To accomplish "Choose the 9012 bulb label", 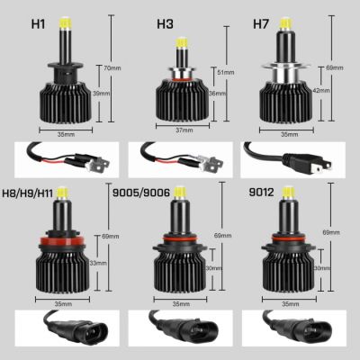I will [257, 191].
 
